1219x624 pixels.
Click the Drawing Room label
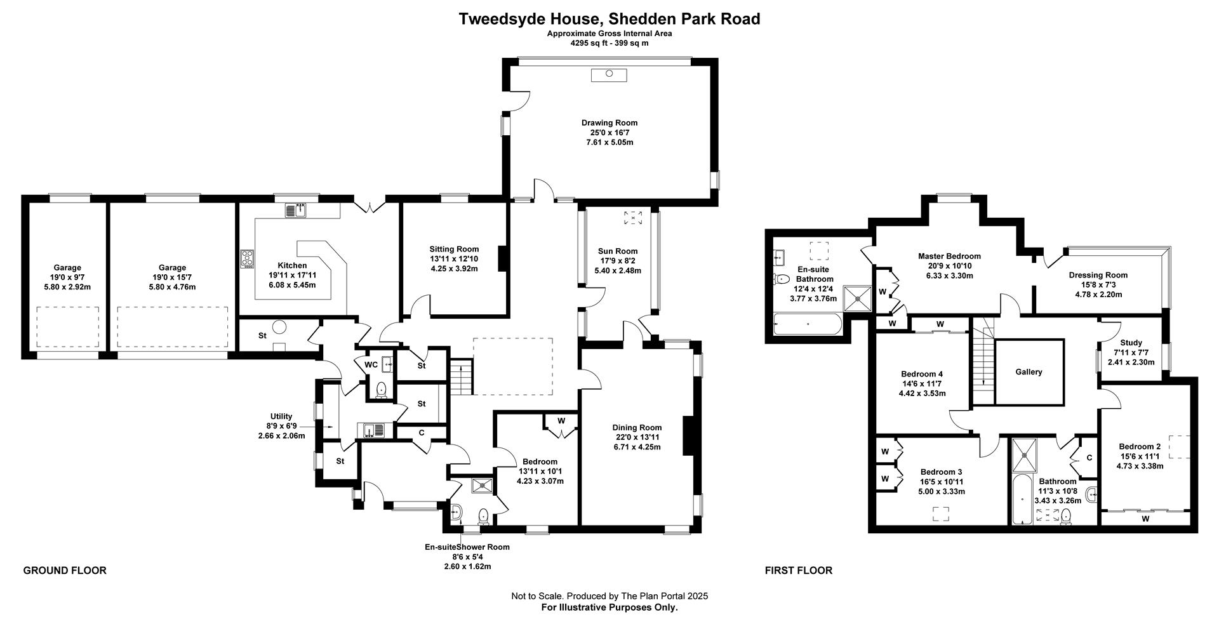(x=609, y=123)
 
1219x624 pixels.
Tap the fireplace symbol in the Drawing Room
(x=609, y=75)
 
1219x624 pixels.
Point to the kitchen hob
(x=247, y=259)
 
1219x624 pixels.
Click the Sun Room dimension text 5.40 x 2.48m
(x=618, y=270)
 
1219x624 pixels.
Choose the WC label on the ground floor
(x=371, y=364)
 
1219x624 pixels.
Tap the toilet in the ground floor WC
(x=382, y=389)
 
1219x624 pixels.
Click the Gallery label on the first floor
(x=1029, y=372)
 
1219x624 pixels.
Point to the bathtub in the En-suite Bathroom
(x=808, y=324)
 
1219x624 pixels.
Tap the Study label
(x=1131, y=343)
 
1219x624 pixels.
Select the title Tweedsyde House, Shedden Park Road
(x=609, y=19)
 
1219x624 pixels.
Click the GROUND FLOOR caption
(x=65, y=570)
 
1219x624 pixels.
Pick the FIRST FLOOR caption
(x=799, y=570)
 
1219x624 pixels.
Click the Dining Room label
(x=637, y=427)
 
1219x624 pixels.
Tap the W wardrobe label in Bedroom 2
(x=1145, y=519)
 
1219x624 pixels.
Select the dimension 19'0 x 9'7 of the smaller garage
(x=67, y=277)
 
